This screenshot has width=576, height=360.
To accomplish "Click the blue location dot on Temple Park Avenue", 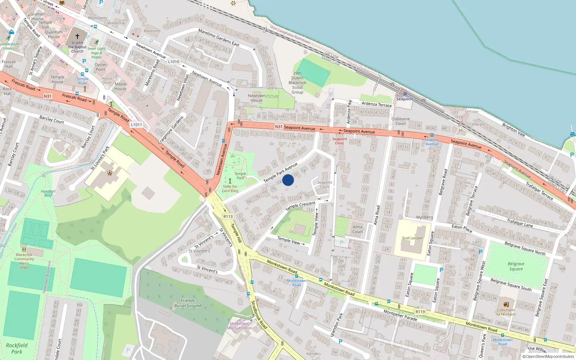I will tap(288, 180).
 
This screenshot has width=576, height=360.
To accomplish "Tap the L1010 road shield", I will tap(174, 62).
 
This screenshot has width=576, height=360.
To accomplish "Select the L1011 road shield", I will tap(136, 125).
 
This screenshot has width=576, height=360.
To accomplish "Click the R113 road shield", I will tap(228, 216).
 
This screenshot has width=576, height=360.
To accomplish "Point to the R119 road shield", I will tap(420, 312).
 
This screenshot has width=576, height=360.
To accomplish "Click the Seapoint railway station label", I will tap(405, 99).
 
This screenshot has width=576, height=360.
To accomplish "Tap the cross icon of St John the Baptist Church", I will tap(77, 36).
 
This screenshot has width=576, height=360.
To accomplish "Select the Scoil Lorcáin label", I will tap(412, 238).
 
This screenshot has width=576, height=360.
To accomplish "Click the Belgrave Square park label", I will tap(516, 266).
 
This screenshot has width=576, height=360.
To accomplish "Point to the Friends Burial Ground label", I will tap(188, 303).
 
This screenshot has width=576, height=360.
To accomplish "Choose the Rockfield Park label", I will tap(17, 348).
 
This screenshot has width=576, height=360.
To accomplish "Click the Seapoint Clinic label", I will tap(339, 141).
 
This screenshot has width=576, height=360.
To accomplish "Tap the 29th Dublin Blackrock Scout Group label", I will tap(297, 83).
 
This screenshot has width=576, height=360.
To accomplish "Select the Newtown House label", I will tap(256, 98).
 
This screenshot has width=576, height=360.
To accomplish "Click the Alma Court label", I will tap(357, 229).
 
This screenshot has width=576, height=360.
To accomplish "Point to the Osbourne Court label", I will tap(401, 121).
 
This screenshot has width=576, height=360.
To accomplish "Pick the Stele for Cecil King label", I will tap(230, 189).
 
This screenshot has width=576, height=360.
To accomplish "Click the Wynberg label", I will tap(424, 217).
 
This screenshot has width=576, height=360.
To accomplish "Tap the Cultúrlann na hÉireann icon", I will tap(506, 304).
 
